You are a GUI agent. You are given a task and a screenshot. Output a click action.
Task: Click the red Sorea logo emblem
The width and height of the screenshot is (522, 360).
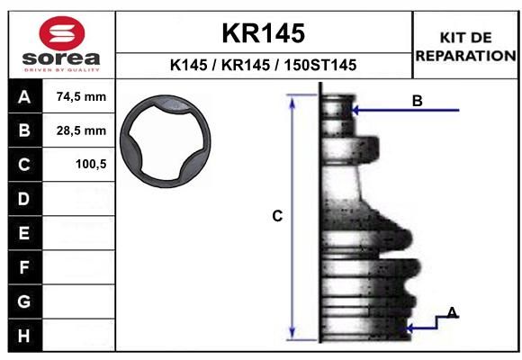pos(62,33)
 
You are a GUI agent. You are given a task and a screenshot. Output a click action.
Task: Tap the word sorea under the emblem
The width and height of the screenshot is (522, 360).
pos(61,58)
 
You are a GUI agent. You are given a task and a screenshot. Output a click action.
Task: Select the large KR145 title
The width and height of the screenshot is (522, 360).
pos(264,33)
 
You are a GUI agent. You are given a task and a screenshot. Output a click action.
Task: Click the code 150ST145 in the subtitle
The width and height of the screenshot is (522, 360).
pos(319,65)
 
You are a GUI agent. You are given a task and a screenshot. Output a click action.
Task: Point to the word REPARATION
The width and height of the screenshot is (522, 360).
pos(465,56)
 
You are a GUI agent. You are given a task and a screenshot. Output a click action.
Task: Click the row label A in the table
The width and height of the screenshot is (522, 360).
pos(24,97)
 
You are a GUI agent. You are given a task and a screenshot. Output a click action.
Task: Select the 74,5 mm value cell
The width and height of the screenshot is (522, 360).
pos(78,96)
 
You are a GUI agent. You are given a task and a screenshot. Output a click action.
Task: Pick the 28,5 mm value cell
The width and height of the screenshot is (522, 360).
pos(78,130)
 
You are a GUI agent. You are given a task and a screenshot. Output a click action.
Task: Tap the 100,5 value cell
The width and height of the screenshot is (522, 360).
pos(78,164)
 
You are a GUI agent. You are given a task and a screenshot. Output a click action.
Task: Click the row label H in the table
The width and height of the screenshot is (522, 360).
pos(23,336)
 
